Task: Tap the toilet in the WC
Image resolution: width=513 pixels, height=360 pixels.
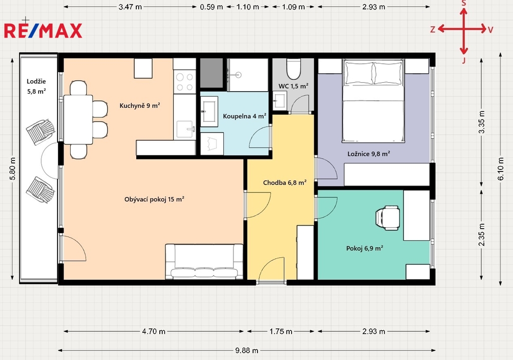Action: pyautogui.click(x=294, y=69)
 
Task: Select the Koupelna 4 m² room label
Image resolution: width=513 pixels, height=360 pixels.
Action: pyautogui.click(x=244, y=116)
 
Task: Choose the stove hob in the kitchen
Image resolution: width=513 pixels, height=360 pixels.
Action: pyautogui.click(x=184, y=82)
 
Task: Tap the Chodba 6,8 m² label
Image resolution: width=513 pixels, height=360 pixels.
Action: pyautogui.click(x=285, y=183)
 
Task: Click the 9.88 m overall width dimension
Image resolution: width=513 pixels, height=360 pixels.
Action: pyautogui.click(x=246, y=350)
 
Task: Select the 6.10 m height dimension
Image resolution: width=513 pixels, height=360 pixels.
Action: pyautogui.click(x=500, y=169)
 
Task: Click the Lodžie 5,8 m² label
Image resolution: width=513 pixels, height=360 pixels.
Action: pyautogui.click(x=36, y=86)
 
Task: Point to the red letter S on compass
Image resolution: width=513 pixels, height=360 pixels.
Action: pyautogui.click(x=463, y=4)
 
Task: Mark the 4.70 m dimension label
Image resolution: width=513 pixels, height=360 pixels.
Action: pyautogui.click(x=153, y=331)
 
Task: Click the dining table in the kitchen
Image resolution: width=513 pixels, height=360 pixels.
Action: pyautogui.click(x=78, y=119)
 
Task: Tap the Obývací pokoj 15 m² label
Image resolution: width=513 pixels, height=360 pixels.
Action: pyautogui.click(x=154, y=199)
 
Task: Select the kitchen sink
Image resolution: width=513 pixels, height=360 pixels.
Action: pyautogui.click(x=185, y=129)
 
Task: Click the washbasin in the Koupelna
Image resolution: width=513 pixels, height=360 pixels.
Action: pyautogui.click(x=209, y=111)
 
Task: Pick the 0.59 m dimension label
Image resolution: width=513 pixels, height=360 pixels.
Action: pyautogui.click(x=211, y=7)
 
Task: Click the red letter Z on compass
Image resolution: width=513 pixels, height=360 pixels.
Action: pyautogui.click(x=432, y=30)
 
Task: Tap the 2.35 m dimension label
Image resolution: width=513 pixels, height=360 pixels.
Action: pyautogui.click(x=481, y=235)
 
